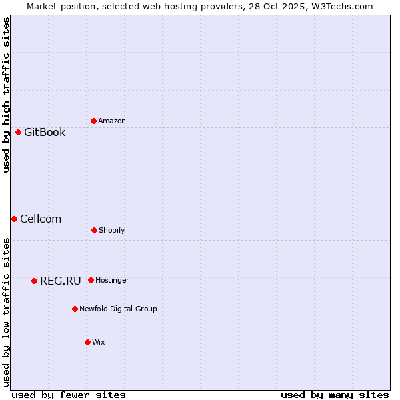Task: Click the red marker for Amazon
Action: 93,121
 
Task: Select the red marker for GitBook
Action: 18,132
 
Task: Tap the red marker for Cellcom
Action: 14,219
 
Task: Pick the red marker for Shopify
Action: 94,230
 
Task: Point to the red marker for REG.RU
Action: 34,281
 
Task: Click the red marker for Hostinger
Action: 91,280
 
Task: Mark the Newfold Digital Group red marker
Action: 75,309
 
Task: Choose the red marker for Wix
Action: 87,342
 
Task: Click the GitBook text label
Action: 45,132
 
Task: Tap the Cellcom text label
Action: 41,219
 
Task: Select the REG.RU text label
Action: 60,281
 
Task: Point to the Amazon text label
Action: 112,121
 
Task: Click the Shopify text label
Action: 112,230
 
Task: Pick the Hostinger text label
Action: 112,280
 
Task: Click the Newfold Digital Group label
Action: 118,309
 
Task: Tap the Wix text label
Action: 99,342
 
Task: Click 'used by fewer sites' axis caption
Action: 68,395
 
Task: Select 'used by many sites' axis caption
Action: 335,395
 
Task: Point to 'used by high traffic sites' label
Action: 6,95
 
